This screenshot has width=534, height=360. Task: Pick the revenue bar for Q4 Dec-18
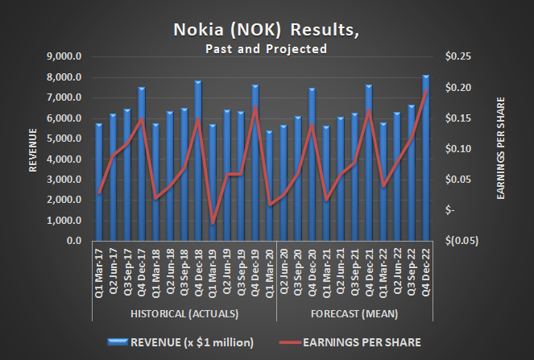[x=197, y=161]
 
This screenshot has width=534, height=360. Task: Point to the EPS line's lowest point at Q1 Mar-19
[x=213, y=223]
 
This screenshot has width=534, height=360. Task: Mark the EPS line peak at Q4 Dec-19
[x=255, y=106]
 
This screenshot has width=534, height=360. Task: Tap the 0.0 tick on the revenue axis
[x=76, y=241]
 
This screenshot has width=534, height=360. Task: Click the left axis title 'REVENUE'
[x=33, y=149]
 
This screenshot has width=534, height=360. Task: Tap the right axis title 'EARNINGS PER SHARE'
[x=501, y=149]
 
